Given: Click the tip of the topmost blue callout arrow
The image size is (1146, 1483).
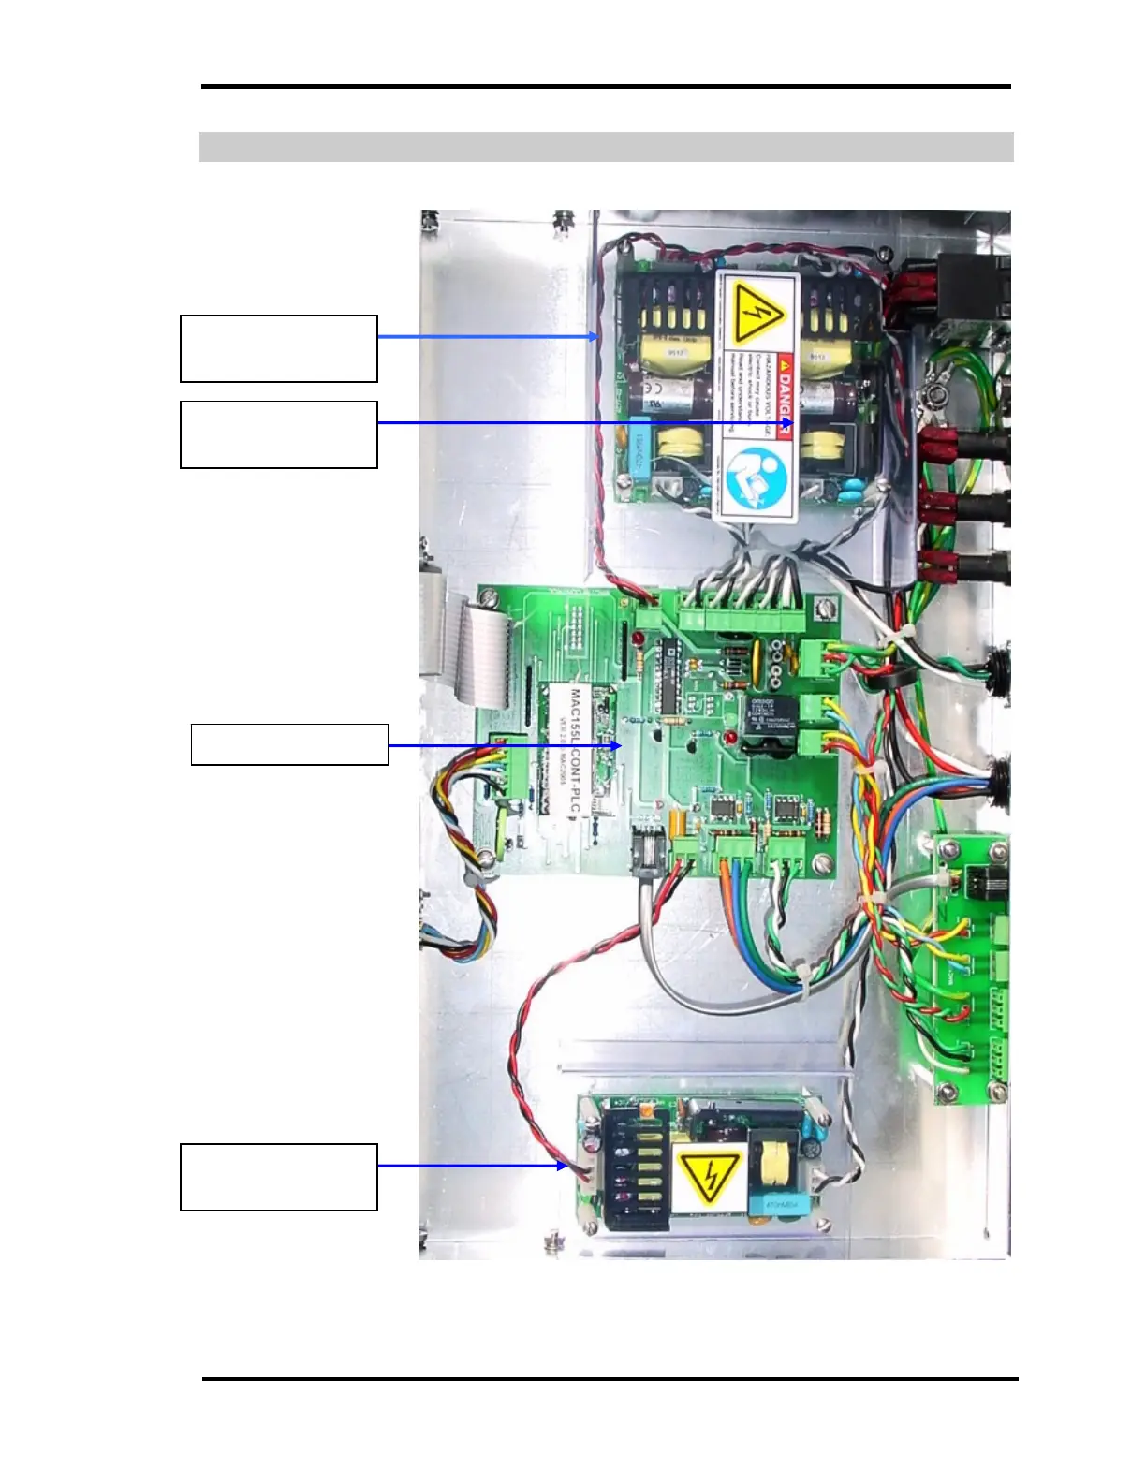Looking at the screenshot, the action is point(595,337).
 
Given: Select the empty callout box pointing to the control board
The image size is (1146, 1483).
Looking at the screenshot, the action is point(289,744).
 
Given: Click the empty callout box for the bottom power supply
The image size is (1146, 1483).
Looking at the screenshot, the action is point(279,1177).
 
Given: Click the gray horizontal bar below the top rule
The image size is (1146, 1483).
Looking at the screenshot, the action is point(606,147).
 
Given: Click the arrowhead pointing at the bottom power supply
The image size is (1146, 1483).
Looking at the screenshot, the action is point(565,1166).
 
